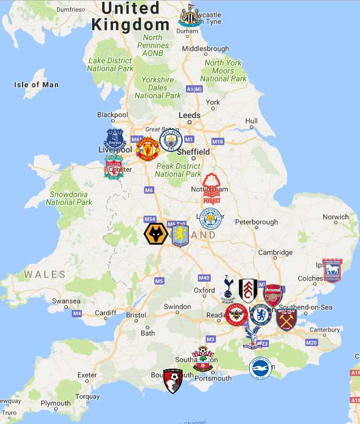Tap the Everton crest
point(115,139)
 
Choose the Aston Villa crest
point(180,234)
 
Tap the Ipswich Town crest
point(332,271)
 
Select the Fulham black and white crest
point(248,290)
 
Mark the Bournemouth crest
point(173,381)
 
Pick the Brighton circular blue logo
point(260,368)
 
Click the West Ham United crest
point(287,319)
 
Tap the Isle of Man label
point(36,85)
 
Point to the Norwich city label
point(336,217)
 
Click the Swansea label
point(66,301)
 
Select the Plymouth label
point(55,403)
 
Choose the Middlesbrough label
point(205,49)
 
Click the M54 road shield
point(150,220)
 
